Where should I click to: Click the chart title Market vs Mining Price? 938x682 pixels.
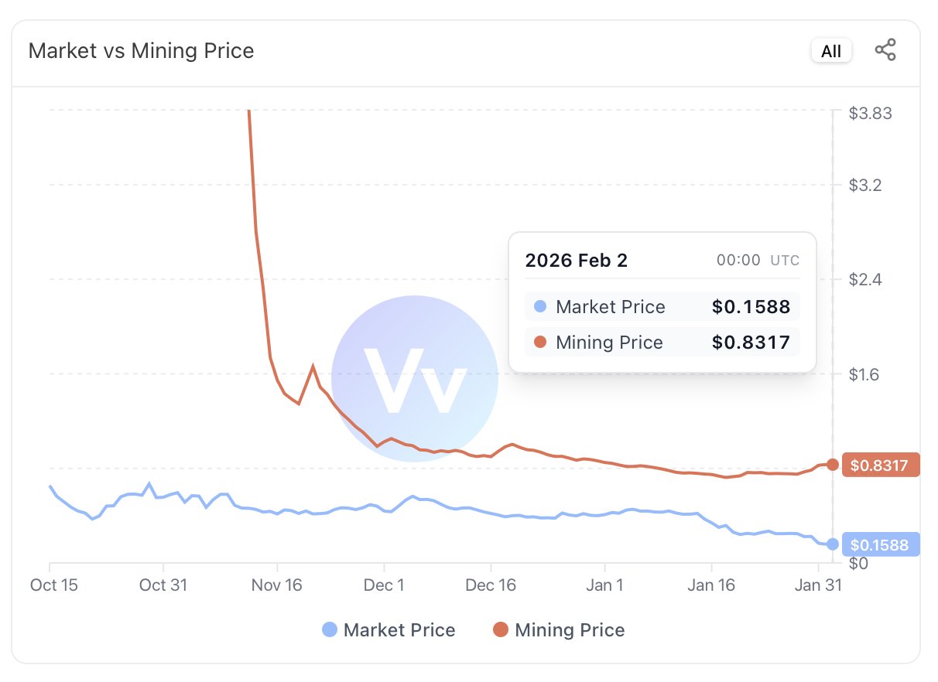[x=141, y=51]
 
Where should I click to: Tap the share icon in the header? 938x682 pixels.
[x=885, y=51]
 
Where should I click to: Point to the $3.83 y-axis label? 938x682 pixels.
[x=870, y=114]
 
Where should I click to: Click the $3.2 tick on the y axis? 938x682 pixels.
[x=866, y=186]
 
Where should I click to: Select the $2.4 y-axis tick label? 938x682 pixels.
[x=866, y=279]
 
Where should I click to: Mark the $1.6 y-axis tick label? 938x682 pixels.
[x=866, y=375]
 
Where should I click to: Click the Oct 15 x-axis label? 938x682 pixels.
[x=54, y=585]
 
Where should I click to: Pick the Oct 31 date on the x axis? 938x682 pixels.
[x=163, y=585]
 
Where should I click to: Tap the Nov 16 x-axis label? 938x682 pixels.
[x=277, y=585]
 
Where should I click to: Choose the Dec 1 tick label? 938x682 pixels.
[x=385, y=585]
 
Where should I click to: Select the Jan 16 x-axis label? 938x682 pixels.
[x=711, y=585]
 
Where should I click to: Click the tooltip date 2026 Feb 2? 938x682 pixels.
[x=577, y=261]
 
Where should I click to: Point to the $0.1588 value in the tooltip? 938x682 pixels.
[x=751, y=307]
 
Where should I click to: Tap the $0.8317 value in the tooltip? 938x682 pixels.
[x=751, y=343]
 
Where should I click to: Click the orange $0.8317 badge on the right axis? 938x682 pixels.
[x=879, y=465]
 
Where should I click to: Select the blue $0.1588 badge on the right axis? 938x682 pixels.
[x=879, y=544]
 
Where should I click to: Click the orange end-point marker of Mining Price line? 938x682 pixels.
[x=833, y=465]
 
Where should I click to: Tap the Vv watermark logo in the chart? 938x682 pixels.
[x=415, y=379]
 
